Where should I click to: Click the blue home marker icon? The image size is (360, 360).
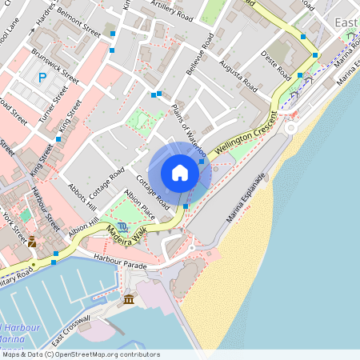[180, 172]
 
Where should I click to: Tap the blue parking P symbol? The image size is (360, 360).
[42, 78]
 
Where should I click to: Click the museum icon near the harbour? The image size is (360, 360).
[129, 299]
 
